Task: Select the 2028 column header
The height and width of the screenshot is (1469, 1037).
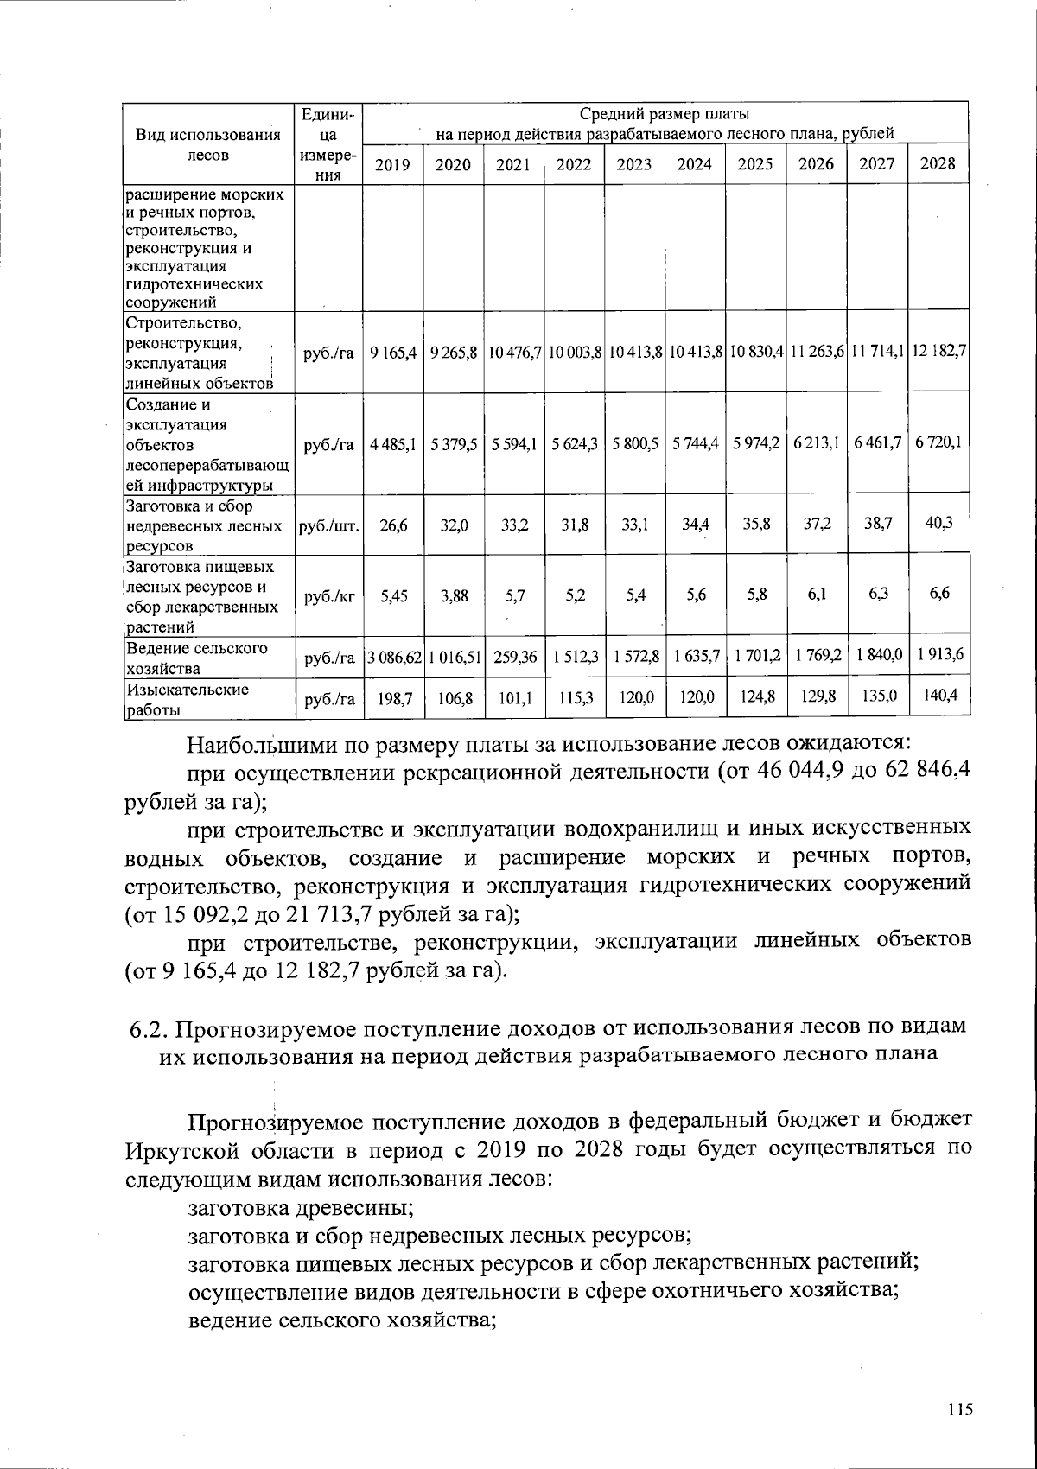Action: (938, 164)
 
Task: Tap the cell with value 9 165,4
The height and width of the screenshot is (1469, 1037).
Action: (393, 353)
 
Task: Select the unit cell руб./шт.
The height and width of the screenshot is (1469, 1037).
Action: (328, 525)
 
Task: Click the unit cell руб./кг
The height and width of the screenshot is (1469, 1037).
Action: (328, 596)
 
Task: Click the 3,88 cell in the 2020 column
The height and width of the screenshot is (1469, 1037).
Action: (453, 596)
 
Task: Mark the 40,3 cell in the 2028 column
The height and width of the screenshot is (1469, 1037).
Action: (938, 522)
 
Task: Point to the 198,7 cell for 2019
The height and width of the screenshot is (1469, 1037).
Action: (394, 699)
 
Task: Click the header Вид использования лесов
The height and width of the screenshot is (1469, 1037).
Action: (208, 145)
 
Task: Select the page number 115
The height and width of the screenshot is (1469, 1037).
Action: (959, 1409)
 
